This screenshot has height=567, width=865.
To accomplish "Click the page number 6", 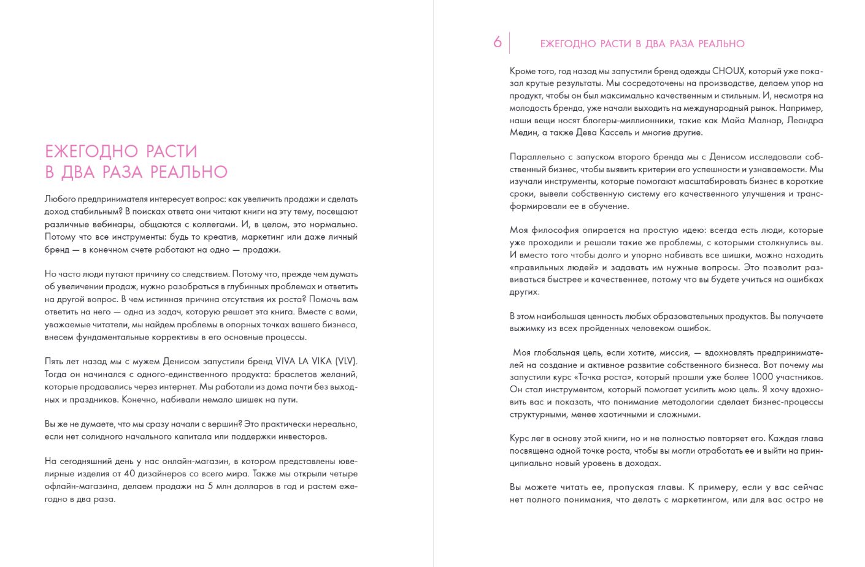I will point(498,42).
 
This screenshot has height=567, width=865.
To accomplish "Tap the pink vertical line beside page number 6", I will point(510,43).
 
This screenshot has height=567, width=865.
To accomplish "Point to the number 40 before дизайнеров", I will point(129,474).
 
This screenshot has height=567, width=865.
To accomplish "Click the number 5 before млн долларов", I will point(210,486).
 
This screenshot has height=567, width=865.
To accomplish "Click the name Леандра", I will point(805,120).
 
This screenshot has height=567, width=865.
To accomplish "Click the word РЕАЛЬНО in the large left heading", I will point(189,172).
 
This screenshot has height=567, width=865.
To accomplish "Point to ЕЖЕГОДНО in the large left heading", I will point(91,151).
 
